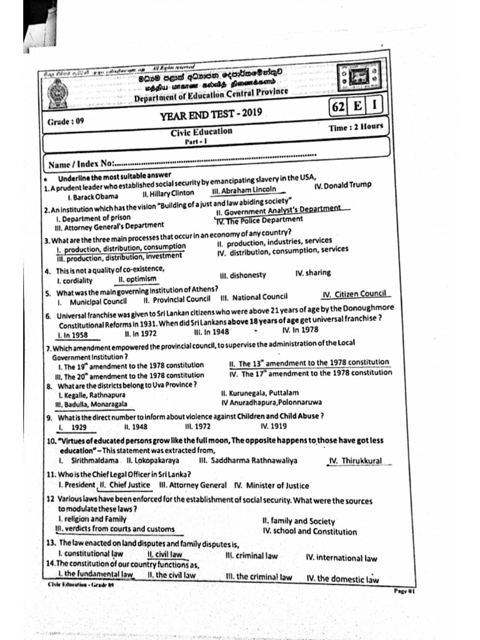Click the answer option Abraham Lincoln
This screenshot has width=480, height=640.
(248, 191)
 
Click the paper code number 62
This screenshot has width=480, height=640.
(338, 107)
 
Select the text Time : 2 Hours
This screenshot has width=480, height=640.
(356, 127)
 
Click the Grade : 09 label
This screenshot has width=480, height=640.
(65, 121)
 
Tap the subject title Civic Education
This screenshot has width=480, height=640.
(201, 132)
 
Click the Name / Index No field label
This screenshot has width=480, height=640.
(81, 164)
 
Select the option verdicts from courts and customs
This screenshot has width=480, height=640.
(115, 529)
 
